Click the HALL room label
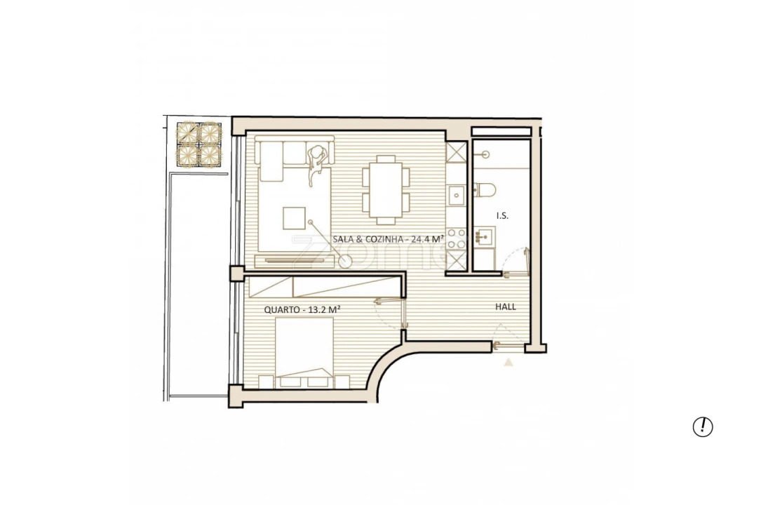tap(506, 307)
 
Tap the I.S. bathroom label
tap(502, 216)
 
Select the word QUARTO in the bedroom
tap(280, 309)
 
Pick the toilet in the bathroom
tap(486, 189)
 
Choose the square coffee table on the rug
tap(295, 218)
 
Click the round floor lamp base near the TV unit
tap(346, 261)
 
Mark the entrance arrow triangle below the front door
tap(509, 363)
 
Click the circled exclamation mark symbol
tap(702, 426)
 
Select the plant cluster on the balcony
tap(198, 144)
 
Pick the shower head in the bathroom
tap(485, 152)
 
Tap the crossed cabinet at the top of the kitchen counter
tap(457, 152)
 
